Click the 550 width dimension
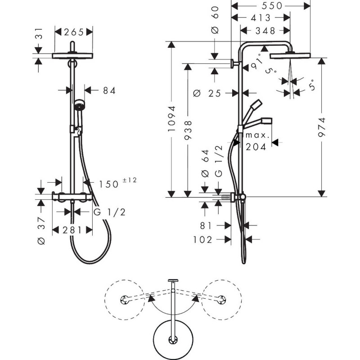pos(272,6)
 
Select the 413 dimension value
pos(261,18)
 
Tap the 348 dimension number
pos(265,31)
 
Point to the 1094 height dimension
pos(172,119)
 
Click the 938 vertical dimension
pos(188,130)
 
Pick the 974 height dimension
pos(322,127)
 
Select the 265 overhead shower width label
pos(74,32)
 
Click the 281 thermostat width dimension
pos(72,230)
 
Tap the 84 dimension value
pos(109,91)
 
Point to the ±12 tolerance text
pos(130,180)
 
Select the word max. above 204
pos(257,135)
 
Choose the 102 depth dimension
pos(202,240)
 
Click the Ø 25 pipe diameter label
pos(207,94)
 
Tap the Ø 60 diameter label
pos(215,20)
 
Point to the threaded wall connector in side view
pos(226,198)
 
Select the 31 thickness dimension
pos(39,33)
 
